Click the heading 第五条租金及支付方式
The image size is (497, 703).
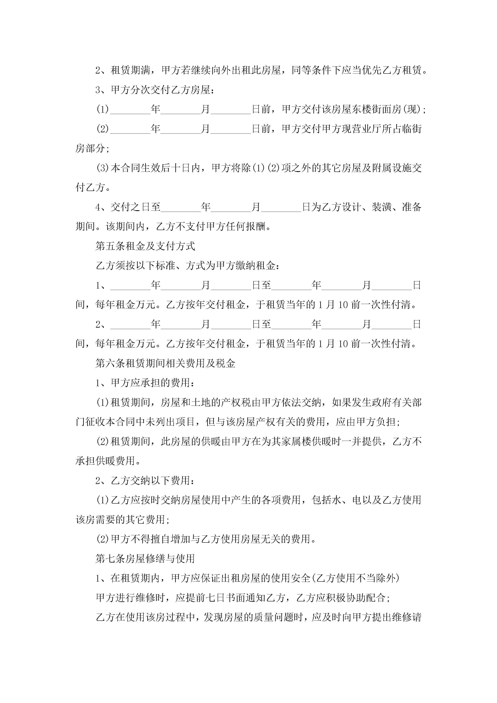click(145, 246)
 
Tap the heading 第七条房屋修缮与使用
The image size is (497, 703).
click(145, 559)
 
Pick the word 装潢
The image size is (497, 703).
click(382, 207)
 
